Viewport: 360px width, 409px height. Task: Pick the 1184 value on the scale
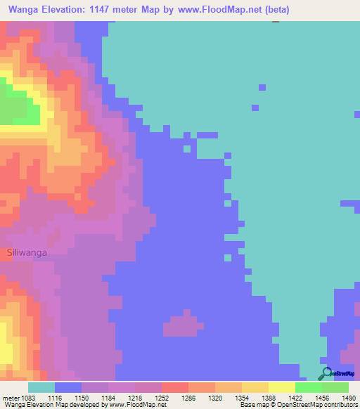tap(110, 397)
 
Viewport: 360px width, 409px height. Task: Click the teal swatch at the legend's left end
tap(41, 387)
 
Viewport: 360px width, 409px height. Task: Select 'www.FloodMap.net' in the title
tap(216, 10)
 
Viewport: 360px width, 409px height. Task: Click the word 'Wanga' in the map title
tap(24, 10)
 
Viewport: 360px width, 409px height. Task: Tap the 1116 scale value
tap(58, 397)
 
